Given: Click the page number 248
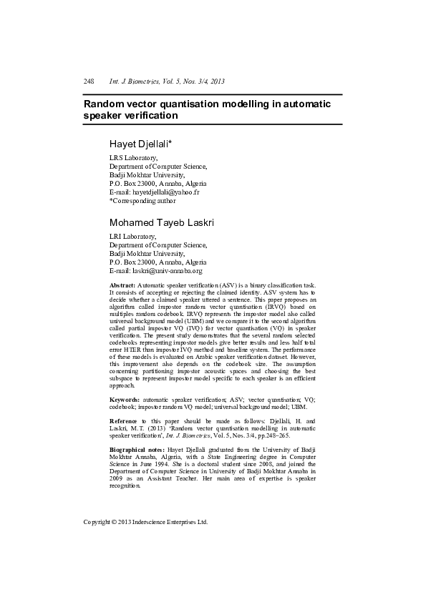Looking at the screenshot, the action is (x=89, y=82).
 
